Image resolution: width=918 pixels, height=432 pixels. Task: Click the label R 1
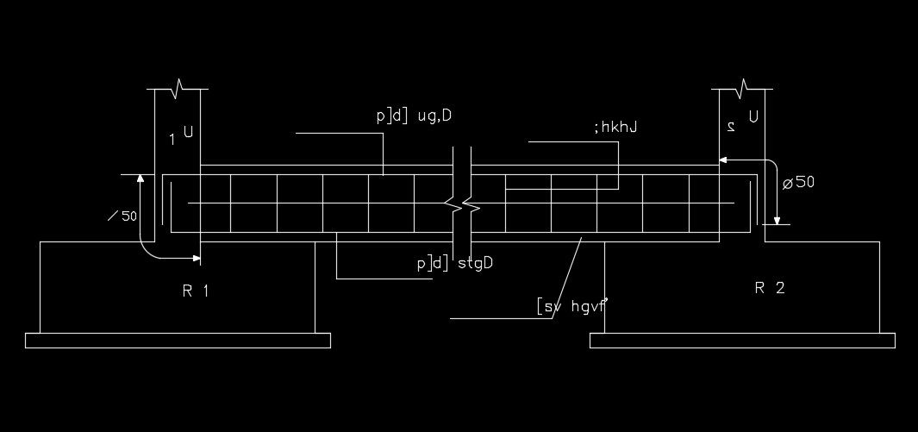pos(196,291)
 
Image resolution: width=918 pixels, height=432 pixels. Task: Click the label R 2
pos(770,288)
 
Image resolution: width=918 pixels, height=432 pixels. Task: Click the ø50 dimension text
pos(798,182)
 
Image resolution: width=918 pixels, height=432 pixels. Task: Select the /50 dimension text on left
pos(122,216)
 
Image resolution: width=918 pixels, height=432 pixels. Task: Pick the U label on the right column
pos(753,116)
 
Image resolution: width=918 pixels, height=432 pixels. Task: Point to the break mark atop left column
pos(178,88)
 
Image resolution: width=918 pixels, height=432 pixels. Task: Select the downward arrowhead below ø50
pos(777,219)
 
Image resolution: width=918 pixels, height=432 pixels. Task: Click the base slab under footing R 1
pos(178,340)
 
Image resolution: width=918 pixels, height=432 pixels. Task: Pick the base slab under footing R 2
pos(742,340)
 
